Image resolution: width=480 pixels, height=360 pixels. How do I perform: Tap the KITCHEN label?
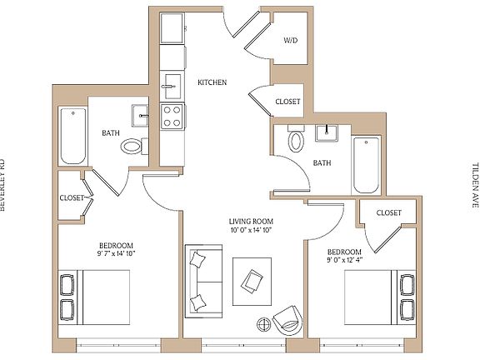pyautogui.click(x=212, y=82)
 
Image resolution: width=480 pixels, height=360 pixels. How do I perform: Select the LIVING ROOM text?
pyautogui.click(x=251, y=222)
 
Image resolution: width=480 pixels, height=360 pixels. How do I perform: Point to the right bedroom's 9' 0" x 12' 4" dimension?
pyautogui.click(x=344, y=262)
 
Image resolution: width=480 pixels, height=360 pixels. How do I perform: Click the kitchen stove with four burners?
pyautogui.click(x=172, y=116)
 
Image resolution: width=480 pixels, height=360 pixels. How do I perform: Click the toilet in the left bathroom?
pyautogui.click(x=132, y=147)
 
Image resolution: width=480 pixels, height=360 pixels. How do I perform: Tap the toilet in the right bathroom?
pyautogui.click(x=297, y=141)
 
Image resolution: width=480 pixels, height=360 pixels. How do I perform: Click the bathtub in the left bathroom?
pyautogui.click(x=73, y=136)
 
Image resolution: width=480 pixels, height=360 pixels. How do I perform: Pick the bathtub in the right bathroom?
pyautogui.click(x=366, y=163)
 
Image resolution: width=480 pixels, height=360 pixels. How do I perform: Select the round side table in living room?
pyautogui.click(x=262, y=323)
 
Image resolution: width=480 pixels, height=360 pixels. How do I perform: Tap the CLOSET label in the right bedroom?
pyautogui.click(x=389, y=213)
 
